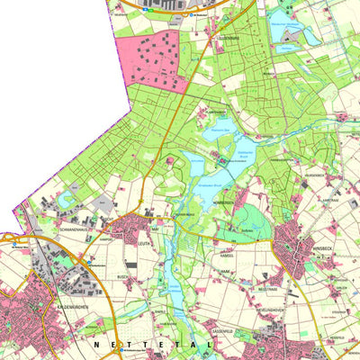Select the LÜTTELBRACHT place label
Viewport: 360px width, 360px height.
pos(219,39)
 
